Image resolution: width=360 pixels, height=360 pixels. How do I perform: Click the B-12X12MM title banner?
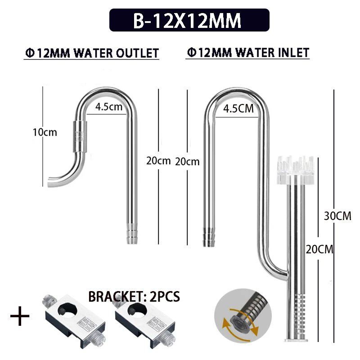pyautogui.click(x=189, y=20)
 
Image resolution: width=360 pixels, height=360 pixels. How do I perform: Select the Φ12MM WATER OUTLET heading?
pyautogui.click(x=92, y=53)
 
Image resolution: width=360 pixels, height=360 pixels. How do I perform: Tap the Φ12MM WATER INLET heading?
pyautogui.click(x=248, y=53)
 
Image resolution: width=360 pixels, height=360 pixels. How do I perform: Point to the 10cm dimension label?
pyautogui.click(x=45, y=132)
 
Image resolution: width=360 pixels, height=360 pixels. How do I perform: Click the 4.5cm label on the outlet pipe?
pyautogui.click(x=108, y=107)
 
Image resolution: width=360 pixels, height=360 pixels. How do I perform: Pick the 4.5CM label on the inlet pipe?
pyautogui.click(x=238, y=108)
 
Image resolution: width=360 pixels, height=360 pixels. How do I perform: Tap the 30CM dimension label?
pyautogui.click(x=337, y=216)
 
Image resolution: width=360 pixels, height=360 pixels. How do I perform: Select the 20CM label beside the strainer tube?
pyautogui.click(x=319, y=249)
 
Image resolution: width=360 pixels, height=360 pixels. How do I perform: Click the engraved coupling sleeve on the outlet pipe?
pyautogui.click(x=80, y=136)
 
